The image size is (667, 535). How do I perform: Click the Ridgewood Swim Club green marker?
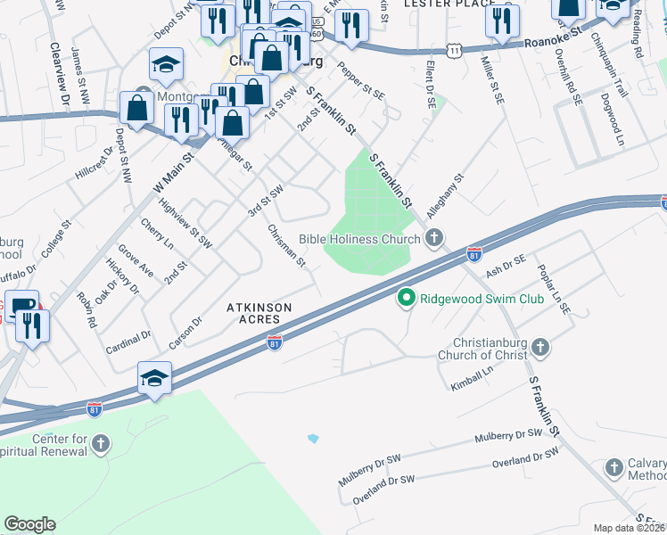[x=407, y=299]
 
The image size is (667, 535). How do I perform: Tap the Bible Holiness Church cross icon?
[x=434, y=238]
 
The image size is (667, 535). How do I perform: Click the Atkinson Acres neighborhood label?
[x=258, y=312]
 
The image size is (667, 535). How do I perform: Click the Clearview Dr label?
[x=60, y=76]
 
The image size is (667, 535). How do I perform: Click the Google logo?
[x=29, y=524]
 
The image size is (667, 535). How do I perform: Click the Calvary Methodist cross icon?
[x=613, y=467]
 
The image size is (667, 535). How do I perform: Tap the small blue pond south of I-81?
[x=312, y=439]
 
